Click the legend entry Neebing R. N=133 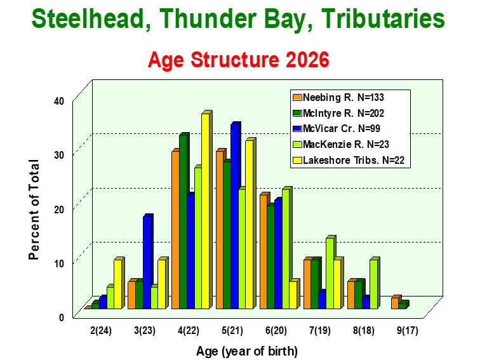(338, 97)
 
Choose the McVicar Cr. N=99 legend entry (337, 128)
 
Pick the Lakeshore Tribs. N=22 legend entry (349, 160)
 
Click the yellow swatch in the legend (297, 160)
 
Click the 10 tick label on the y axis (59, 263)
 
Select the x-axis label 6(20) (276, 331)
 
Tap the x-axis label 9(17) (408, 331)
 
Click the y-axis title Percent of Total (34, 210)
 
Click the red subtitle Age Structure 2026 (239, 60)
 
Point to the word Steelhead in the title (87, 19)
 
